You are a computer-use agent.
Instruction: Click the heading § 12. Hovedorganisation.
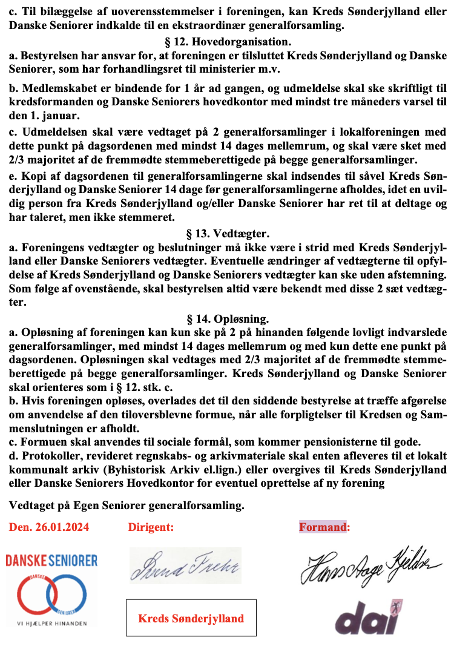(228, 42)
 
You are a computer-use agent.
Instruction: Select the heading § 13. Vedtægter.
(228, 234)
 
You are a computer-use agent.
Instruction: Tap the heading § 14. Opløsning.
(228, 318)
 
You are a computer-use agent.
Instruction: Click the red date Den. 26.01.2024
(49, 527)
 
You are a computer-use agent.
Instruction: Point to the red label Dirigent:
(151, 527)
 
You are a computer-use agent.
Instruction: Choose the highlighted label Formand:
(324, 527)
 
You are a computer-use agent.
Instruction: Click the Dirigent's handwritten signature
(185, 566)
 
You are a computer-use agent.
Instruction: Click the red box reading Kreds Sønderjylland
(191, 618)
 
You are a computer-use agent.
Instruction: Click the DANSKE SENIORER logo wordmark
(51, 561)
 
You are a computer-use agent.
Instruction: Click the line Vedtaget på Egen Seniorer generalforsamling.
(127, 505)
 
